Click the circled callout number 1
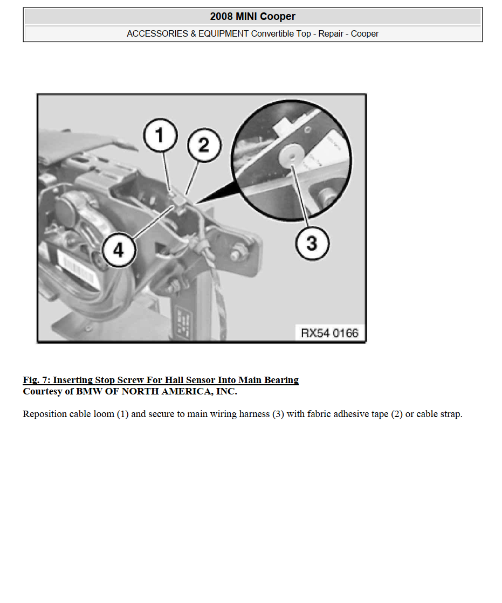coord(160,135)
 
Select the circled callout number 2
coord(204,145)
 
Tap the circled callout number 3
coord(312,243)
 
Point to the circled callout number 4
coord(119,251)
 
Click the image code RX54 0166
coord(329,333)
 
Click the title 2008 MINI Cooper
coord(253,17)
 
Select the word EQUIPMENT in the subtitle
coord(223,34)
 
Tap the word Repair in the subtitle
coord(331,34)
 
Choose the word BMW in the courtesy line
coord(90,391)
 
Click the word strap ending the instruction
coord(451,414)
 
